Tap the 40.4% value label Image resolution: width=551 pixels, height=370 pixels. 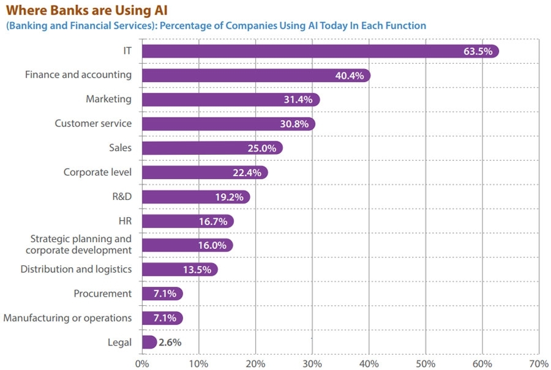[x=350, y=76]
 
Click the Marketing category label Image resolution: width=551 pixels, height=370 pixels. [x=108, y=99]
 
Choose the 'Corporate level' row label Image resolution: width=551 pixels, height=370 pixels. [x=97, y=172]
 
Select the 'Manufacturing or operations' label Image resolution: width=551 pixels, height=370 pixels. [x=67, y=318]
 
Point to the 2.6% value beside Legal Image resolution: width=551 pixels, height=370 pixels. [x=170, y=342]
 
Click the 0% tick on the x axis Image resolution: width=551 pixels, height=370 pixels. [x=141, y=363]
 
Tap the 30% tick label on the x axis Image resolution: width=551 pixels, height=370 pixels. [x=312, y=363]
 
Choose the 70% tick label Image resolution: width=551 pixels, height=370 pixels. [x=539, y=363]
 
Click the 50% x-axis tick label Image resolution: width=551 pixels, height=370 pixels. [x=425, y=363]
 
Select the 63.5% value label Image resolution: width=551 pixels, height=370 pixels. [x=478, y=51]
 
